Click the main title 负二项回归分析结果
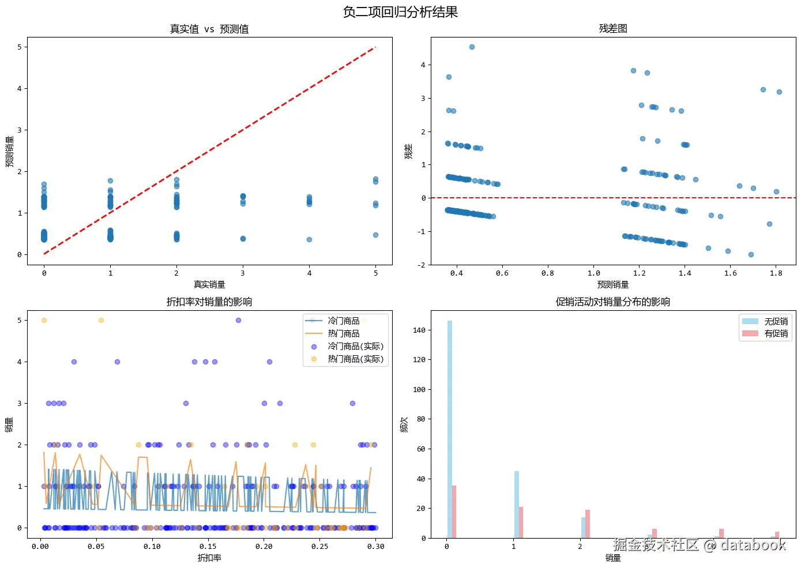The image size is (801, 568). pyautogui.click(x=400, y=12)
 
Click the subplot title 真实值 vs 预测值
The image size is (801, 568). pyautogui.click(x=209, y=29)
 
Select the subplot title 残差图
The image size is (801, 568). pyautogui.click(x=613, y=28)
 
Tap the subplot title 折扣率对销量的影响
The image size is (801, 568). pyautogui.click(x=209, y=302)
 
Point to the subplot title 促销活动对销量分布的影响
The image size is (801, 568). pyautogui.click(x=613, y=302)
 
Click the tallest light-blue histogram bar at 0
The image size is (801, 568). pyautogui.click(x=450, y=430)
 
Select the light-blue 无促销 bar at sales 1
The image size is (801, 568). pyautogui.click(x=517, y=505)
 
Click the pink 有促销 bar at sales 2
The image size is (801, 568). pyautogui.click(x=588, y=524)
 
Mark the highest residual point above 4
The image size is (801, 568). pyautogui.click(x=472, y=47)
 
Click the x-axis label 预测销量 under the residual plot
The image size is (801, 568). pyautogui.click(x=613, y=284)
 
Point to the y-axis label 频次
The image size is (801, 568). pyautogui.click(x=404, y=424)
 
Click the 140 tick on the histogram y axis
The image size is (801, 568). pyautogui.click(x=419, y=330)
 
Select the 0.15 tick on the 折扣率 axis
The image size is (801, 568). pyautogui.click(x=208, y=547)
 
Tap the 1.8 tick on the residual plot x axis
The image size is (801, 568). pyautogui.click(x=776, y=273)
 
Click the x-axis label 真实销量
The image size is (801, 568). pyautogui.click(x=209, y=284)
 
